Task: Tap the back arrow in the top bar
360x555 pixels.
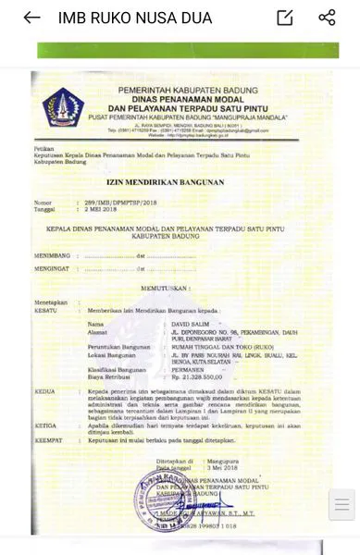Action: point(31,18)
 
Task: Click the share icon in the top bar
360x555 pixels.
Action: point(327,18)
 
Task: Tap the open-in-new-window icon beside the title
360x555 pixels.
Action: point(285,18)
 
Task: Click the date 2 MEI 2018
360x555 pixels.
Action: point(95,208)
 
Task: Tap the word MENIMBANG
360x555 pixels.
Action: point(53,255)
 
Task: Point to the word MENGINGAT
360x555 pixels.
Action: point(53,269)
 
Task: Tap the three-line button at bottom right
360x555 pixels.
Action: point(341,505)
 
